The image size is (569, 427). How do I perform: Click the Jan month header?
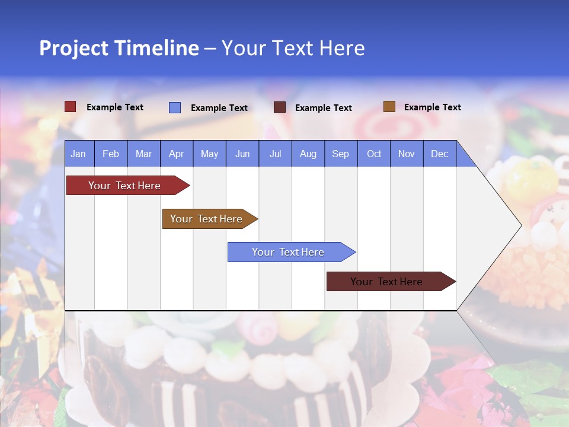coord(79,154)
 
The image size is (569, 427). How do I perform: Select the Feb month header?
coord(111,154)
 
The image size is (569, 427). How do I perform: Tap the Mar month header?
coord(143,154)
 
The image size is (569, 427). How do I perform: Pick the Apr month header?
coord(177,154)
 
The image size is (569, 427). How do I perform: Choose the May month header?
coord(209,154)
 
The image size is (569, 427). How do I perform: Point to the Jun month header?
coord(242,154)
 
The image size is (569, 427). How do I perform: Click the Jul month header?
coord(275,154)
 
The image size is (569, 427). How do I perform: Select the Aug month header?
coord(308,154)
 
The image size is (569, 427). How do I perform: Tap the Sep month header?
coord(341,154)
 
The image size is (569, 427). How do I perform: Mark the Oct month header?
coord(374,154)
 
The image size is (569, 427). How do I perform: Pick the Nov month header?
coord(407,154)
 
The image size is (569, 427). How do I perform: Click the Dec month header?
coord(440,154)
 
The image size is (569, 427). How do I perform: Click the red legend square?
coord(71,107)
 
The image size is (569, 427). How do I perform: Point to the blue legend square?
coord(175,107)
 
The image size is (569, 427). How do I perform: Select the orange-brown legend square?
coord(389,107)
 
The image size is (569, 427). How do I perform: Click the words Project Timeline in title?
coord(119,48)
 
